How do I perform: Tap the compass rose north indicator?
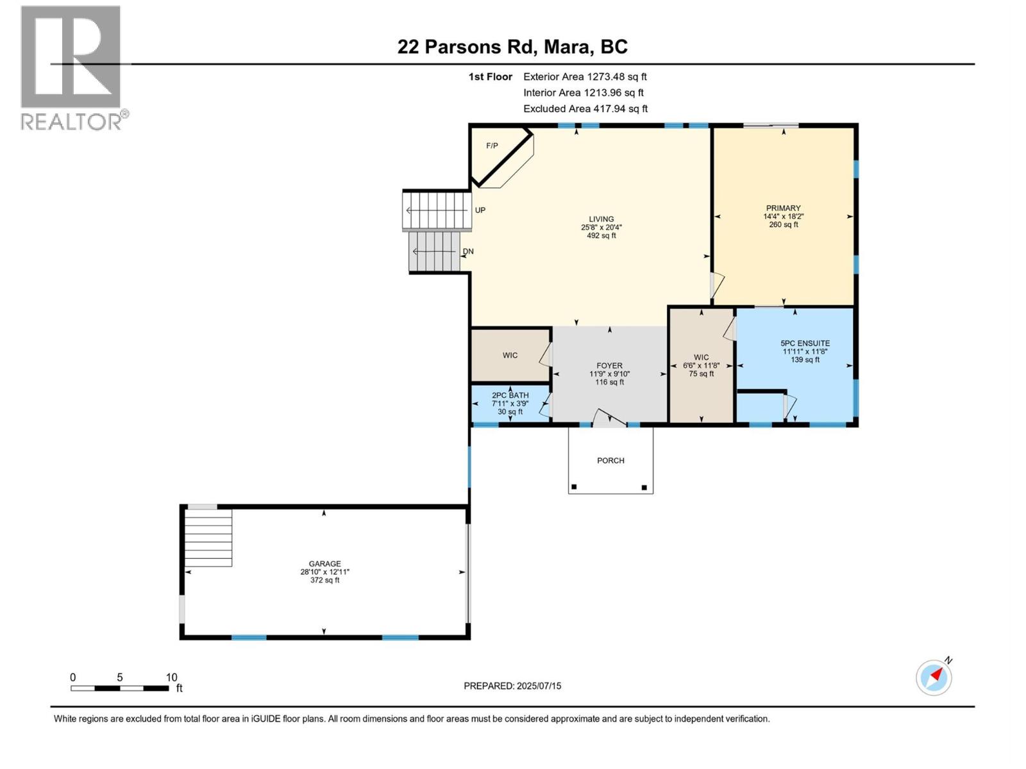[934, 677]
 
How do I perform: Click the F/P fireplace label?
[492, 146]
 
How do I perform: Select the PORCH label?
[610, 460]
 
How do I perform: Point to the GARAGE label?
[325, 563]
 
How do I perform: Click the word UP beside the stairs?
[480, 210]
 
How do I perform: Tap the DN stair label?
[468, 251]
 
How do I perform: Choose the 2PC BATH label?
[510, 395]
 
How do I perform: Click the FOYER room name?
[610, 365]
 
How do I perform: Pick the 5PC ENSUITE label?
[805, 343]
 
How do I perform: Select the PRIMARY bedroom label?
[784, 208]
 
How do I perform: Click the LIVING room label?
[601, 219]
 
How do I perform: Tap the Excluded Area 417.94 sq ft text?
[585, 109]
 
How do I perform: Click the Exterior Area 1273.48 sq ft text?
[585, 76]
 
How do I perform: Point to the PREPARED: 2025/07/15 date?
[512, 686]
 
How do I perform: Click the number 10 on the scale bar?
[172, 677]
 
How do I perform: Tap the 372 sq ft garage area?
[325, 581]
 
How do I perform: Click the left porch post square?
[574, 487]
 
